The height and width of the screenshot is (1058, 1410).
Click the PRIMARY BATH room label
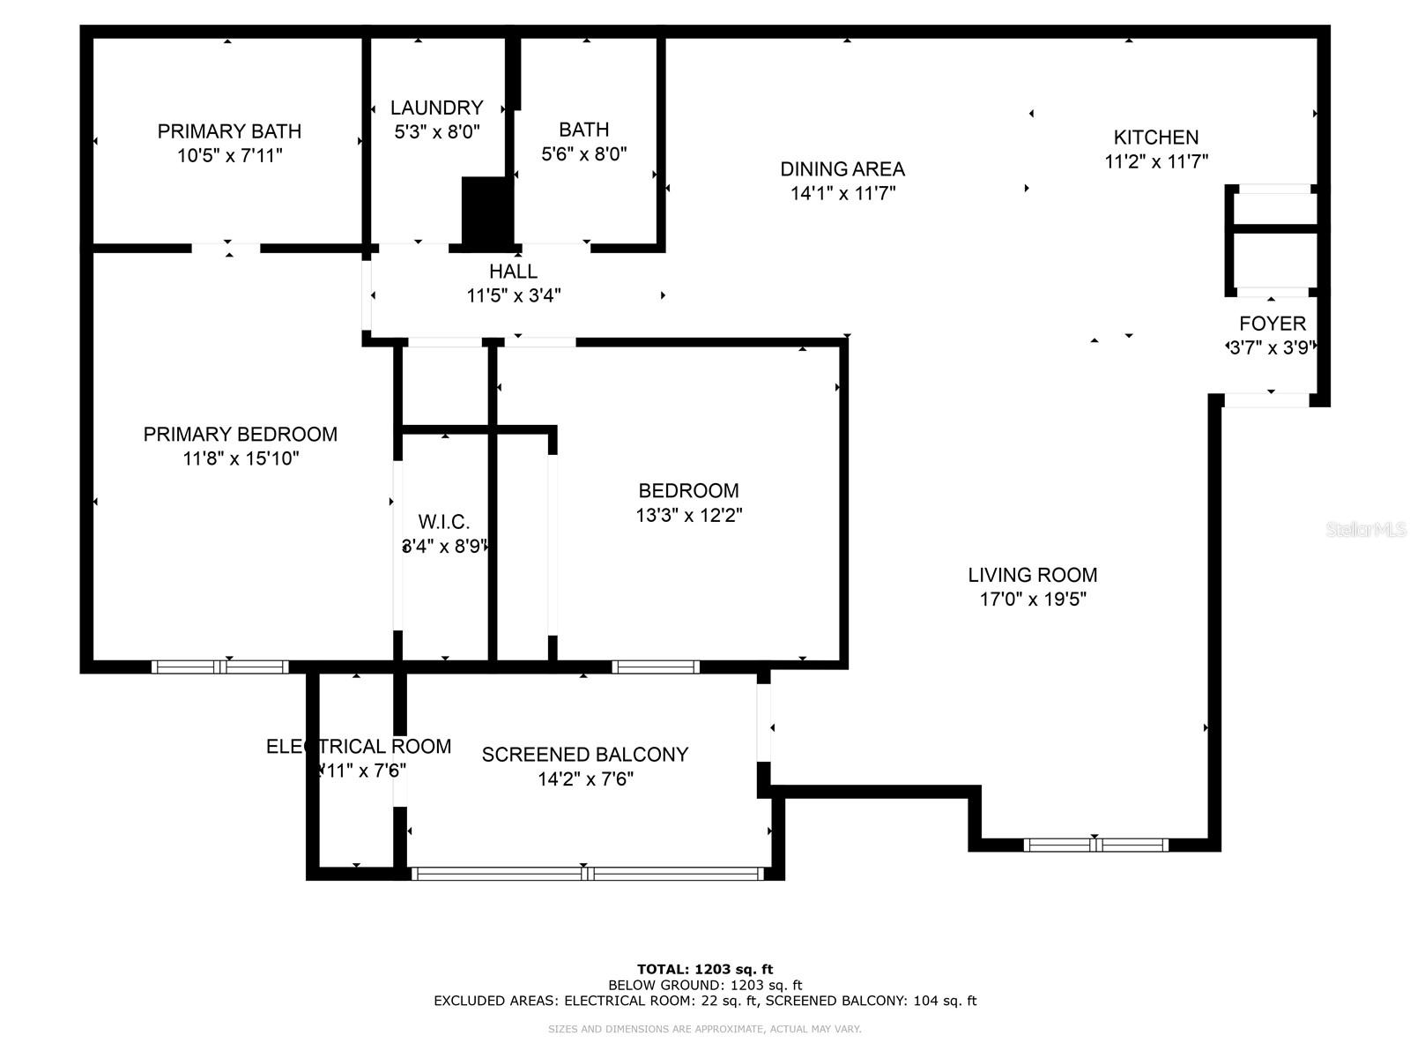point(229,131)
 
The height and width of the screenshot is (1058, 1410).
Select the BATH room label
point(583,130)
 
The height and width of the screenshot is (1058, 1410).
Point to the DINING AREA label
point(842,168)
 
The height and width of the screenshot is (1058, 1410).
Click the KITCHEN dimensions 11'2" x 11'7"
point(1155,162)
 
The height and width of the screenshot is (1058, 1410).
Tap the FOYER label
point(1272,324)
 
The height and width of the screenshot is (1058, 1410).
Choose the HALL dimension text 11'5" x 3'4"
point(513,295)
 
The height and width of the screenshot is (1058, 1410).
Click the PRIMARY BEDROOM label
point(240,434)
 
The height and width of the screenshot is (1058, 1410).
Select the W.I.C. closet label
point(443,522)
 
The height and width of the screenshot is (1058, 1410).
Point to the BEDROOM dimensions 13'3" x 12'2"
point(688,515)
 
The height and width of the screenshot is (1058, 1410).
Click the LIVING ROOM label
point(1032,575)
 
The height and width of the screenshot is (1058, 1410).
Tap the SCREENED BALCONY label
point(584,755)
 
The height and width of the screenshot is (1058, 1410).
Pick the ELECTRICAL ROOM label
point(358,747)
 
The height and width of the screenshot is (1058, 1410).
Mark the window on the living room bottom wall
point(1095,845)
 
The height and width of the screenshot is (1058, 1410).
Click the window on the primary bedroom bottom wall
point(220,667)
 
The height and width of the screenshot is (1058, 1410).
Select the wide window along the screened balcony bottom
point(587,874)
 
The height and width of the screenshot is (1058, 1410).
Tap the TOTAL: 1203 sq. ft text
point(705,969)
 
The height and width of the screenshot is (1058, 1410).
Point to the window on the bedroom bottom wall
point(656,667)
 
